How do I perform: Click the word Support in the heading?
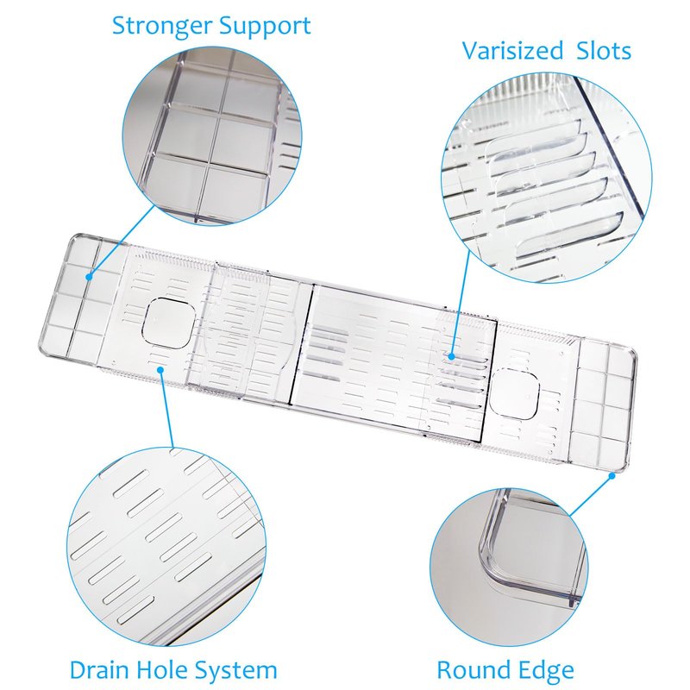click(265, 27)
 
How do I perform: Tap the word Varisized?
click(512, 51)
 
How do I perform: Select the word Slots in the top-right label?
click(604, 51)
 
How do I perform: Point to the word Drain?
click(99, 670)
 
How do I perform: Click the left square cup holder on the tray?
click(168, 323)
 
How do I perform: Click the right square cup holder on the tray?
click(514, 394)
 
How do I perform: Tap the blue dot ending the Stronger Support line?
click(89, 277)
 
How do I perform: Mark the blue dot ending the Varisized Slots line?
click(452, 356)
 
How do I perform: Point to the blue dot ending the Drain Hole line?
click(160, 370)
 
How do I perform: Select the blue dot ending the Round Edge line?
click(612, 475)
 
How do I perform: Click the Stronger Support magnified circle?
click(212, 136)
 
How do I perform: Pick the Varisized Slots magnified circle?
click(547, 179)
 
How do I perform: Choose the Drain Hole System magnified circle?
click(166, 547)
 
